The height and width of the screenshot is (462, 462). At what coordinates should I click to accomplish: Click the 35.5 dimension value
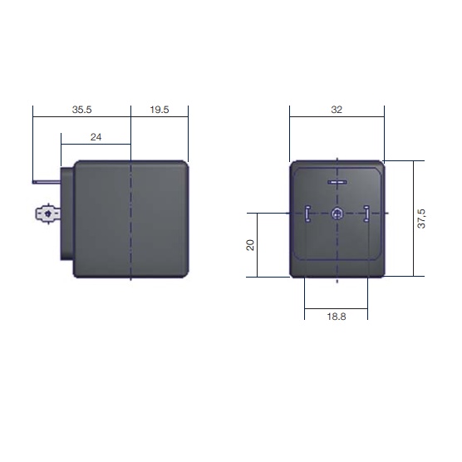pos(82,110)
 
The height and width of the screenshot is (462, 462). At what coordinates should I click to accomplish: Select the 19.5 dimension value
pos(160,110)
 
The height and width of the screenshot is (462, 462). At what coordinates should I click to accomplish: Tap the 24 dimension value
pos(96,137)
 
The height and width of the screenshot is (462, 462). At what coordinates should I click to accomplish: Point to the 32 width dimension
pos(337,110)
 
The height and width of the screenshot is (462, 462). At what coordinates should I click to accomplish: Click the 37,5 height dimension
pos(421,219)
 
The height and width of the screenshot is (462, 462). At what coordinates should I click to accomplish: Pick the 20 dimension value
pos(250,245)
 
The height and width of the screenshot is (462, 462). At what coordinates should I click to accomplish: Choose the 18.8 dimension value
pos(337,317)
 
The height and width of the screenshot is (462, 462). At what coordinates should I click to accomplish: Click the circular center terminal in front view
pos(337,214)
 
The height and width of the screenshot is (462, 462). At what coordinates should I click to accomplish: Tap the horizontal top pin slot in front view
pos(337,182)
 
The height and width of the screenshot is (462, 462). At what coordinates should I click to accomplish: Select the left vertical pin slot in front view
pos(307,214)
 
